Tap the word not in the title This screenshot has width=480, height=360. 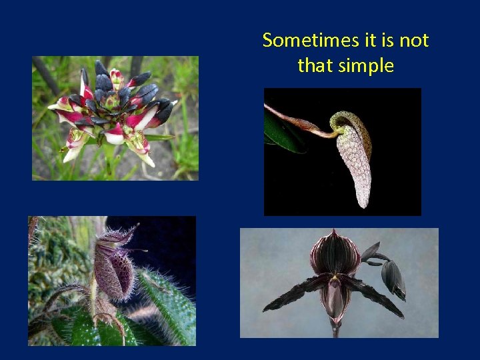414,41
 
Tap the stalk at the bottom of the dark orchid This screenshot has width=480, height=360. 335,331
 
